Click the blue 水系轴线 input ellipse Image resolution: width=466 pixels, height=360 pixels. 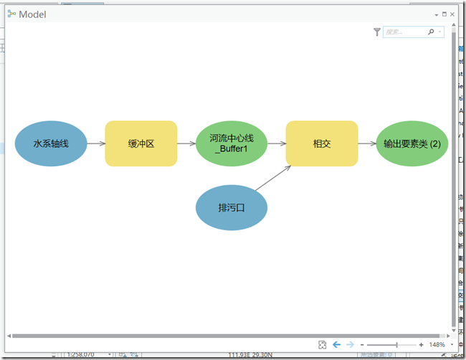click(x=51, y=143)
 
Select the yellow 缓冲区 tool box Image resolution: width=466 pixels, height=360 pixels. click(x=141, y=143)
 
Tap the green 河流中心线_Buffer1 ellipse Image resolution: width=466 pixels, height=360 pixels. click(x=232, y=143)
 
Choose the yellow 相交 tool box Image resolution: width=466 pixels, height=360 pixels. click(x=322, y=143)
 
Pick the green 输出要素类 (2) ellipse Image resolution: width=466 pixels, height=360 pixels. click(x=412, y=143)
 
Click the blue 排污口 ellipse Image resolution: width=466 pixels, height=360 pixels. click(x=232, y=208)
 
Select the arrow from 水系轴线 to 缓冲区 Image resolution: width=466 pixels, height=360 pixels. click(x=96, y=143)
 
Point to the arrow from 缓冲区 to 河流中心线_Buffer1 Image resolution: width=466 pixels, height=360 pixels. click(x=186, y=143)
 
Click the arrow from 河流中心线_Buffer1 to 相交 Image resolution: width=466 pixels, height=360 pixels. click(x=277, y=143)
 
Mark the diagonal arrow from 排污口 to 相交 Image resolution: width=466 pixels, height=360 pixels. click(x=273, y=179)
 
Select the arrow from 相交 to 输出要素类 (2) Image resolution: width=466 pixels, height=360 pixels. click(x=367, y=143)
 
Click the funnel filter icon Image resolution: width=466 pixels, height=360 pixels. click(x=377, y=32)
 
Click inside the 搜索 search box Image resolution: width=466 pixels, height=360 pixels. click(x=403, y=32)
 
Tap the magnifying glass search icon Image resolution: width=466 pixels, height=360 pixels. click(x=431, y=32)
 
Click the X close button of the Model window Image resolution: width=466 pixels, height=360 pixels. click(x=453, y=14)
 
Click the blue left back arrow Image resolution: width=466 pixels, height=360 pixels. click(x=336, y=345)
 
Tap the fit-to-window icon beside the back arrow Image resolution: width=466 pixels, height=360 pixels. click(x=323, y=345)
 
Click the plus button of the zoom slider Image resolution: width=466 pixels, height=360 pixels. click(x=421, y=345)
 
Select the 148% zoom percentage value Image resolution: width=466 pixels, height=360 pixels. click(x=437, y=345)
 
